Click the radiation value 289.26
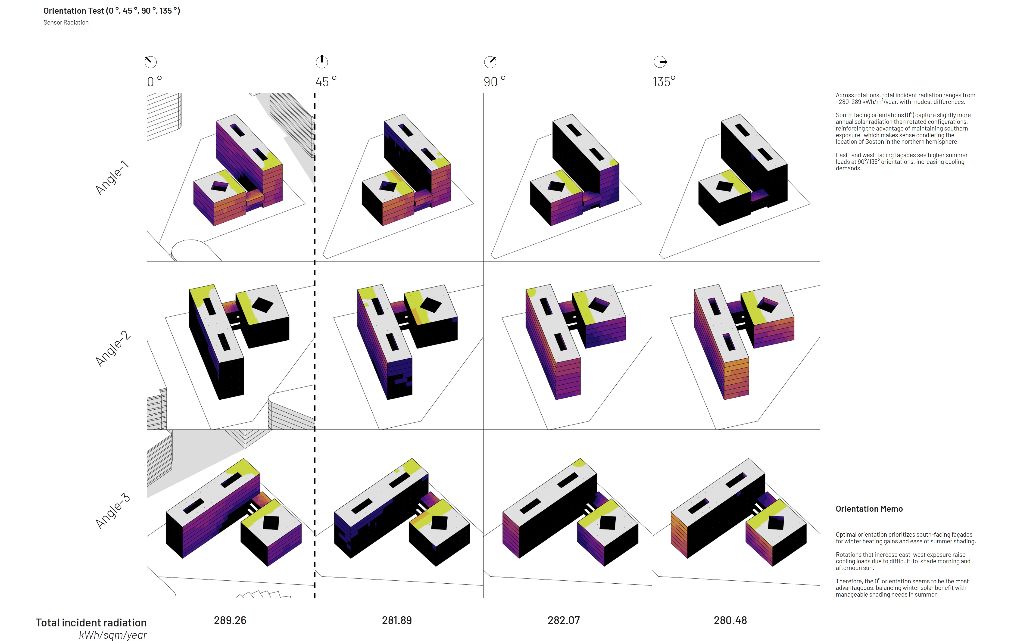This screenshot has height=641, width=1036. coord(230,620)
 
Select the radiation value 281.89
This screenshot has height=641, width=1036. coord(397,620)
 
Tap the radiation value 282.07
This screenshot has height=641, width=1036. coord(563,620)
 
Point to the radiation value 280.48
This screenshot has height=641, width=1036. coord(730,620)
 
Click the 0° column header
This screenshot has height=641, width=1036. coord(154,81)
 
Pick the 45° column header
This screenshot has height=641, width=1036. coord(326,81)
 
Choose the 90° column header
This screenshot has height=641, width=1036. coord(494,81)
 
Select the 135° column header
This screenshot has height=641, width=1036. coord(664,81)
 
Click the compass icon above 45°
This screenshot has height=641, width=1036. coord(322,62)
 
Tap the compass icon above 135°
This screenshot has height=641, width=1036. coord(660,62)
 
